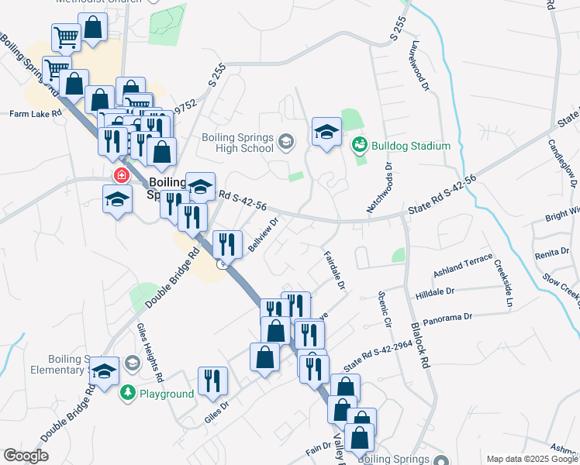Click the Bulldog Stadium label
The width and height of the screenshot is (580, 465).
click(411, 146)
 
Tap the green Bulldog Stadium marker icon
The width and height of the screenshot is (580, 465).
click(359, 144)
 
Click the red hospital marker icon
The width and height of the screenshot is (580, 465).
click(121, 175)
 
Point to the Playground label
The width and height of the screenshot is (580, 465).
click(167, 394)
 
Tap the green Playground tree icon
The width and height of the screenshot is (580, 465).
click(128, 393)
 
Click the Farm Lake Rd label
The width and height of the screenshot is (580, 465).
click(29, 113)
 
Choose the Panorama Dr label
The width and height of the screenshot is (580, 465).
click(444, 318)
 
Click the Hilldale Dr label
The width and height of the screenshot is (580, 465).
click(434, 293)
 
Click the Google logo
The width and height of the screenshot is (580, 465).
click(26, 456)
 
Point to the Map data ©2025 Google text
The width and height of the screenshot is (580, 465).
click(531, 459)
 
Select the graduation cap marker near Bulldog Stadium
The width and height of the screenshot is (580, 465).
click(326, 132)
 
